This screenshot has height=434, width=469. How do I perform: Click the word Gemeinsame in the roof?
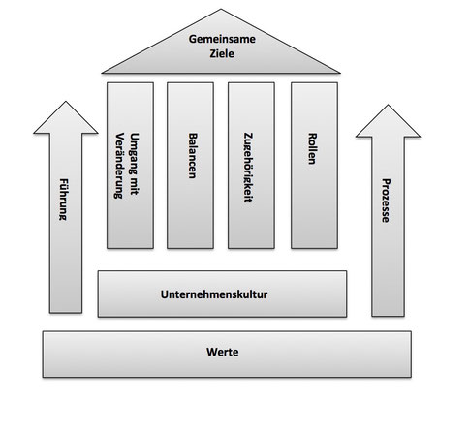coord(222,39)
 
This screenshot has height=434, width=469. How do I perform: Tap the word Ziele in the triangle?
coord(222,53)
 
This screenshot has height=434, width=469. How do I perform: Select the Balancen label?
coord(192,155)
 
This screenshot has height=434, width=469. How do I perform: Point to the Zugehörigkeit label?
coord(248,168)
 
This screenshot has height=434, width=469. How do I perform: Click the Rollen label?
coord(312,148)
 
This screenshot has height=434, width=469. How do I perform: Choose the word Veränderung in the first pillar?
coord(119,166)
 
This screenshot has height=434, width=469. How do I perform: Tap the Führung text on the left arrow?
coord(64,200)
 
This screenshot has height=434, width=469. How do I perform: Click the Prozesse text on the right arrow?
coord(386,201)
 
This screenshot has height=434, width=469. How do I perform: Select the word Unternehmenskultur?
coord(214,294)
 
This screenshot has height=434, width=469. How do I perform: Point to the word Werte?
coord(223,352)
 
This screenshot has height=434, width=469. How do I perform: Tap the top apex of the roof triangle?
coord(221,9)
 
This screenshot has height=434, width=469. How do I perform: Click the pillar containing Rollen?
coord(314,166)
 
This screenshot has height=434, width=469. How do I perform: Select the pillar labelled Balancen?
coord(190,166)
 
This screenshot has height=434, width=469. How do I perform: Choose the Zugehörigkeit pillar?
coord(251,166)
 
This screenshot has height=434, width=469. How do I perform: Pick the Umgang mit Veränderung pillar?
coord(130,166)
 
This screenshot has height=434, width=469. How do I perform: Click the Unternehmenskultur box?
coord(222,294)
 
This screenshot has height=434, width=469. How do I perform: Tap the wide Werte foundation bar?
coord(227,355)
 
